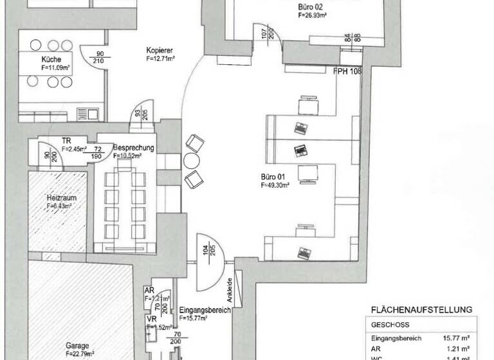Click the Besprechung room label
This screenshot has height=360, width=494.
coord(134,148)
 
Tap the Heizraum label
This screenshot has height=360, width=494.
coord(58,197)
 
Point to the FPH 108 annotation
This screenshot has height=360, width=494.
coord(347,71)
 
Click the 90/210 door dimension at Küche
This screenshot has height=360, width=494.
coord(100,57)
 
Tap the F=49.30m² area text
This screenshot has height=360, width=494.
coord(275,184)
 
